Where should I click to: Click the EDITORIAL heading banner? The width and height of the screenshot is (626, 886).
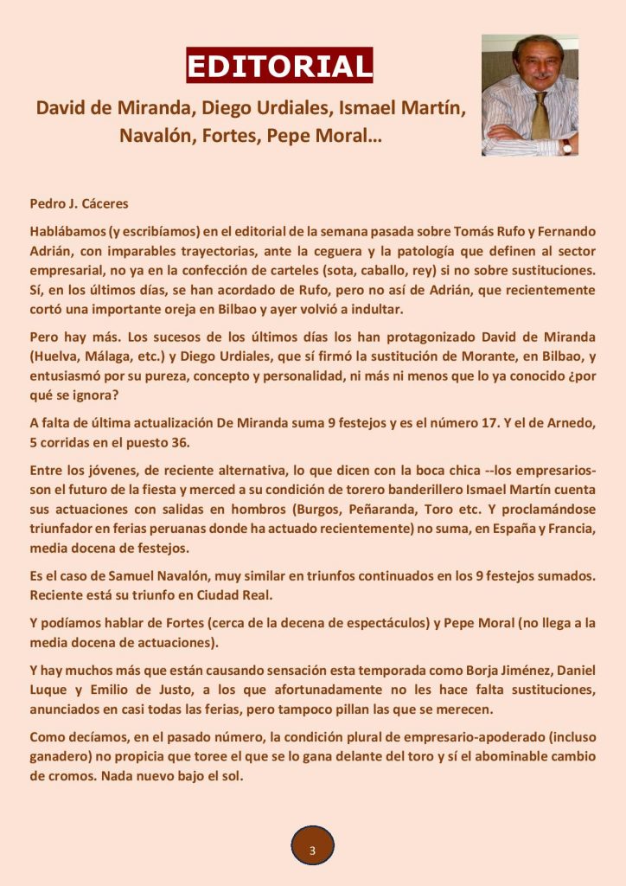(279, 65)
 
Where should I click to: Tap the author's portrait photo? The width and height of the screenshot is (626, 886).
(529, 95)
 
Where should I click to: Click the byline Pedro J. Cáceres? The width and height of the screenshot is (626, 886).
(79, 204)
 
